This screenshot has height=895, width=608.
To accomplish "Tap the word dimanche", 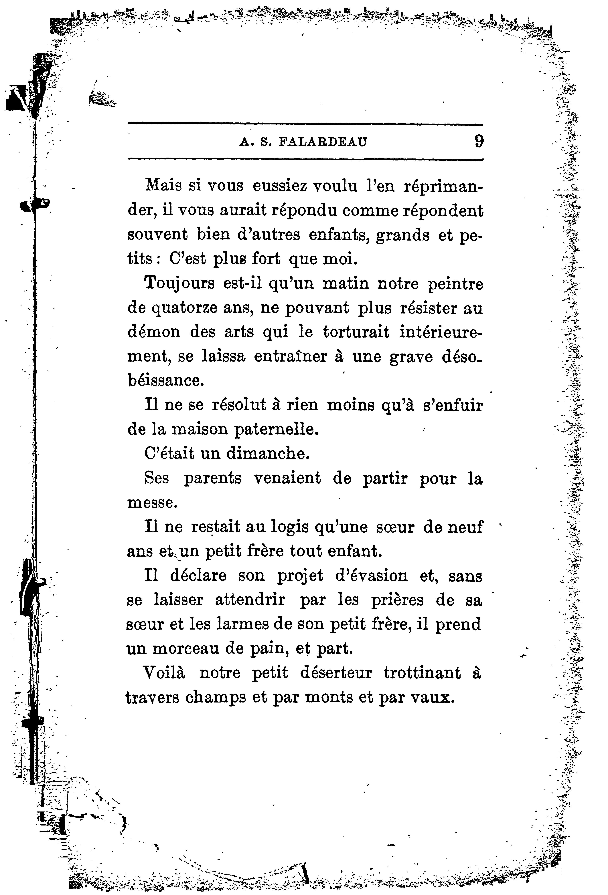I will point(268,454).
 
